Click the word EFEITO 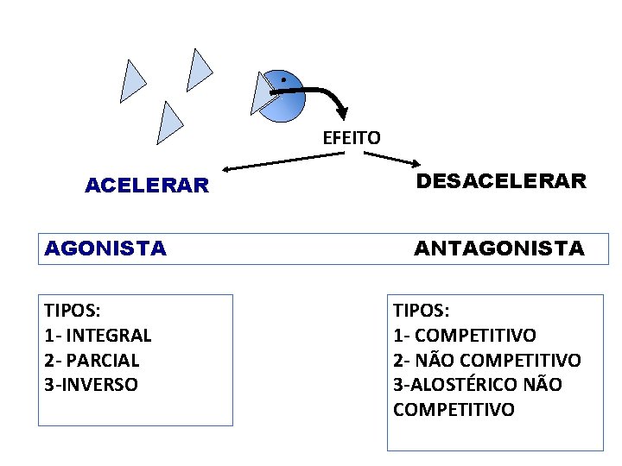point(351,137)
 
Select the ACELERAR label point(147,186)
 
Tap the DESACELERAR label point(501,181)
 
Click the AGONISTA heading point(105,249)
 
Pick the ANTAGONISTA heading point(499,249)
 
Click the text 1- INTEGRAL point(98,335)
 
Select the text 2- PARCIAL point(92,360)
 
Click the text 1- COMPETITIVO point(465,335)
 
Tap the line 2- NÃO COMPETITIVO point(487,360)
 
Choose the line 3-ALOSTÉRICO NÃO point(477,385)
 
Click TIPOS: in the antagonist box point(421,311)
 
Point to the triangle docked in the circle point(262,92)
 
